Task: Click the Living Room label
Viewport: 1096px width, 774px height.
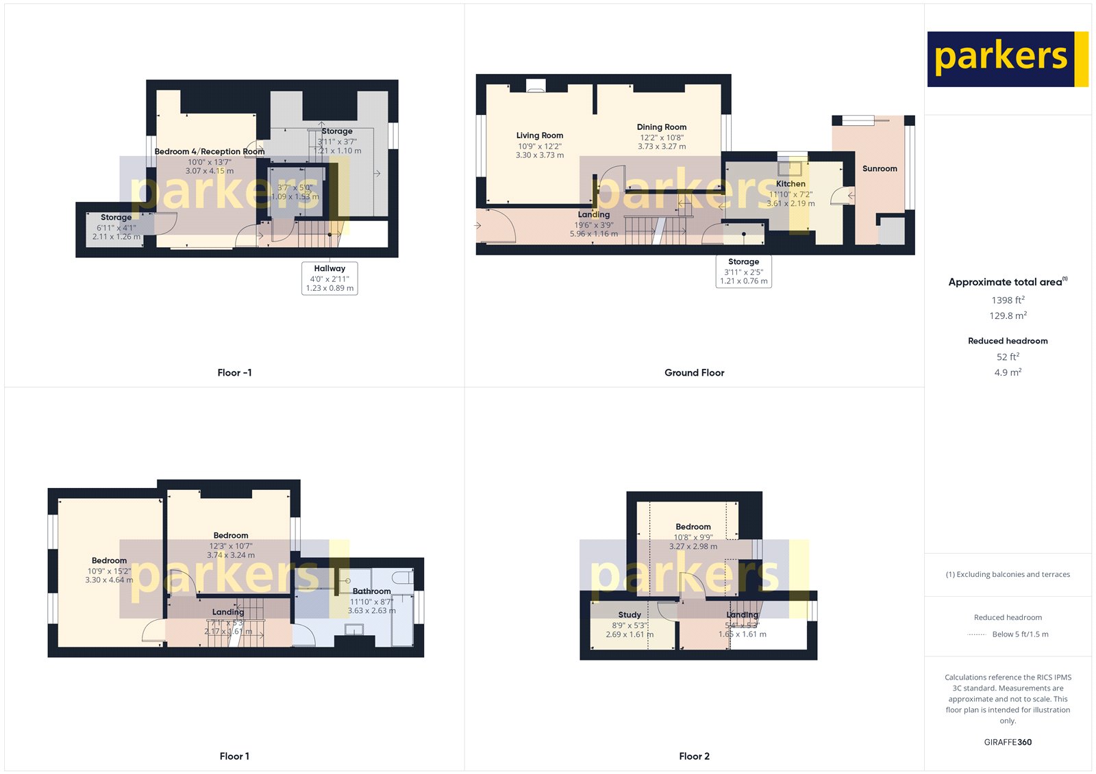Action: click(x=540, y=136)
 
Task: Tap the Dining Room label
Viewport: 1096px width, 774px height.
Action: click(x=661, y=127)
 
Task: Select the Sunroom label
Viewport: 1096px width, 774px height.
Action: click(x=880, y=168)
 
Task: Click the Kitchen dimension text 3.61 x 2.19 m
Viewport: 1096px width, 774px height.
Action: click(x=790, y=203)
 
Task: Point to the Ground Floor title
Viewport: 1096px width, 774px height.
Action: click(x=694, y=372)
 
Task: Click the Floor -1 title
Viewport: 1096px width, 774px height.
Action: click(x=234, y=372)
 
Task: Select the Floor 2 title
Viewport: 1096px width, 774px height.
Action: click(x=694, y=756)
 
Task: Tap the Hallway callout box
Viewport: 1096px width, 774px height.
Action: click(x=329, y=278)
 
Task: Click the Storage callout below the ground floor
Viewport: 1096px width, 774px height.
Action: click(x=743, y=271)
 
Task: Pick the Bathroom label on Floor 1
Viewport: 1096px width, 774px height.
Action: click(x=371, y=591)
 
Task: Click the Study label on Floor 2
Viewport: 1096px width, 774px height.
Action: click(x=630, y=615)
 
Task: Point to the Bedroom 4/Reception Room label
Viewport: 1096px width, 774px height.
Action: click(x=209, y=151)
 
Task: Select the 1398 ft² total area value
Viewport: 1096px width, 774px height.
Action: click(x=1008, y=300)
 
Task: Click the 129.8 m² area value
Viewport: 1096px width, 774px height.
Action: click(x=1008, y=315)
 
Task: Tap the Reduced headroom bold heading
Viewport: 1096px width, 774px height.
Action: click(x=1008, y=341)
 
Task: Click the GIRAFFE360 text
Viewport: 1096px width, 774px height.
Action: click(x=1008, y=742)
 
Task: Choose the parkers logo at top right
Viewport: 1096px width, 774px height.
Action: click(x=1007, y=59)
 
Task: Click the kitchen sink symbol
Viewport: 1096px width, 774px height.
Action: click(x=789, y=168)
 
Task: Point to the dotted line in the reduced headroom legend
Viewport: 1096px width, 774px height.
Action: click(x=976, y=634)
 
